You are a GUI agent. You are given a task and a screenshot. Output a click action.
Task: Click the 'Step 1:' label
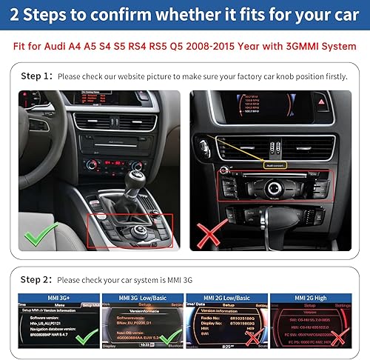click(36, 76)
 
